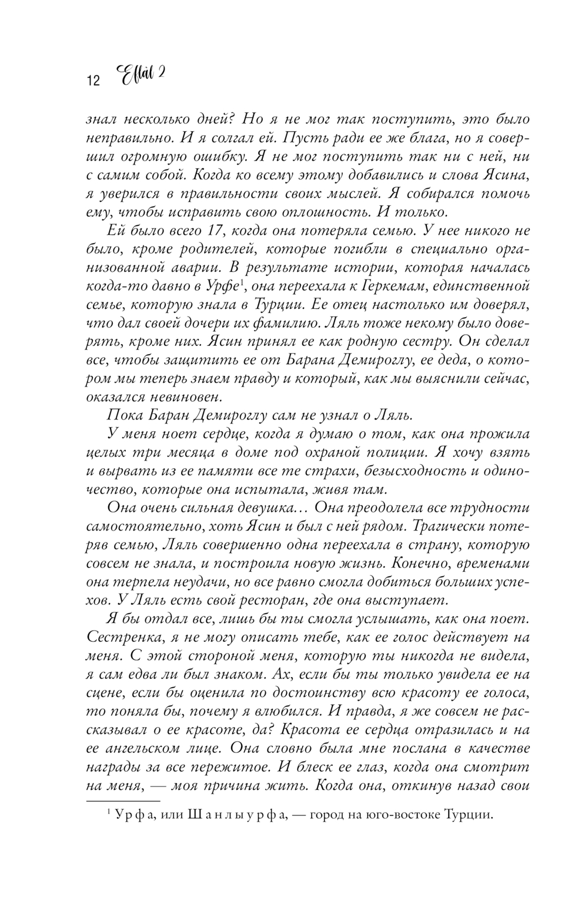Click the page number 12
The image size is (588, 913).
click(x=93, y=81)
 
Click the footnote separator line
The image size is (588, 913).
click(x=123, y=801)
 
